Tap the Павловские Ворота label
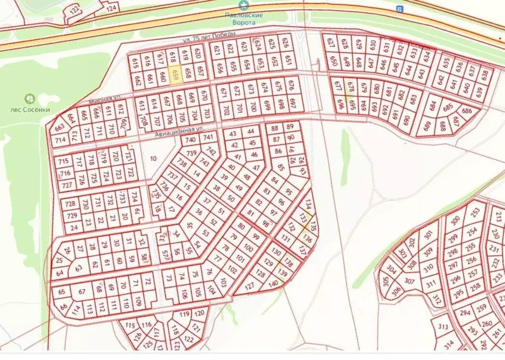[243, 19]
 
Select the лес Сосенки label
[30, 109]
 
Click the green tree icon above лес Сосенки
[30, 99]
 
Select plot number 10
[153, 158]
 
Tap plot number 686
[466, 110]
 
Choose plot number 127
[250, 286]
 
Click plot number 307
[409, 281]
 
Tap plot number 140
[273, 283]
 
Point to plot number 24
[74, 228]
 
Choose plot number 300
[455, 220]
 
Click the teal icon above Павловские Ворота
[243, 5]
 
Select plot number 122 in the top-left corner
[75, 10]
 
